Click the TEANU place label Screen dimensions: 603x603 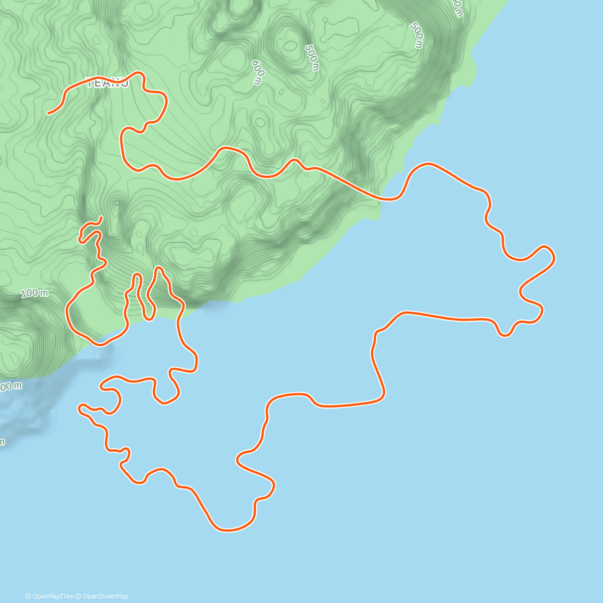[x=108, y=83]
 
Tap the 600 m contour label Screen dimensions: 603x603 [x=257, y=72]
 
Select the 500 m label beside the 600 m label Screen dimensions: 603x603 [x=312, y=57]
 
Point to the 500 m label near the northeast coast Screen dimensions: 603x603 [x=417, y=35]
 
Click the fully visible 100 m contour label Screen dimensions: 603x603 [x=35, y=293]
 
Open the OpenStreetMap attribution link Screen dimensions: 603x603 [x=105, y=596]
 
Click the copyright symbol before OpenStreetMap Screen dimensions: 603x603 [x=78, y=596]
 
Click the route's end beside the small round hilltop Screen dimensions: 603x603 [x=102, y=217]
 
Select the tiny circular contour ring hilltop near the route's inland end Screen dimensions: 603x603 [x=117, y=203]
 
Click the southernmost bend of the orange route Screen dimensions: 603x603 [x=229, y=530]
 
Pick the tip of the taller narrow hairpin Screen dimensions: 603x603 [x=159, y=268]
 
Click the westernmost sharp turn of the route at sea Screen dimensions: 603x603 [x=80, y=408]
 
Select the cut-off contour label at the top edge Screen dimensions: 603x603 [x=457, y=8]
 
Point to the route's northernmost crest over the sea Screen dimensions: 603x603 [x=428, y=164]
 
